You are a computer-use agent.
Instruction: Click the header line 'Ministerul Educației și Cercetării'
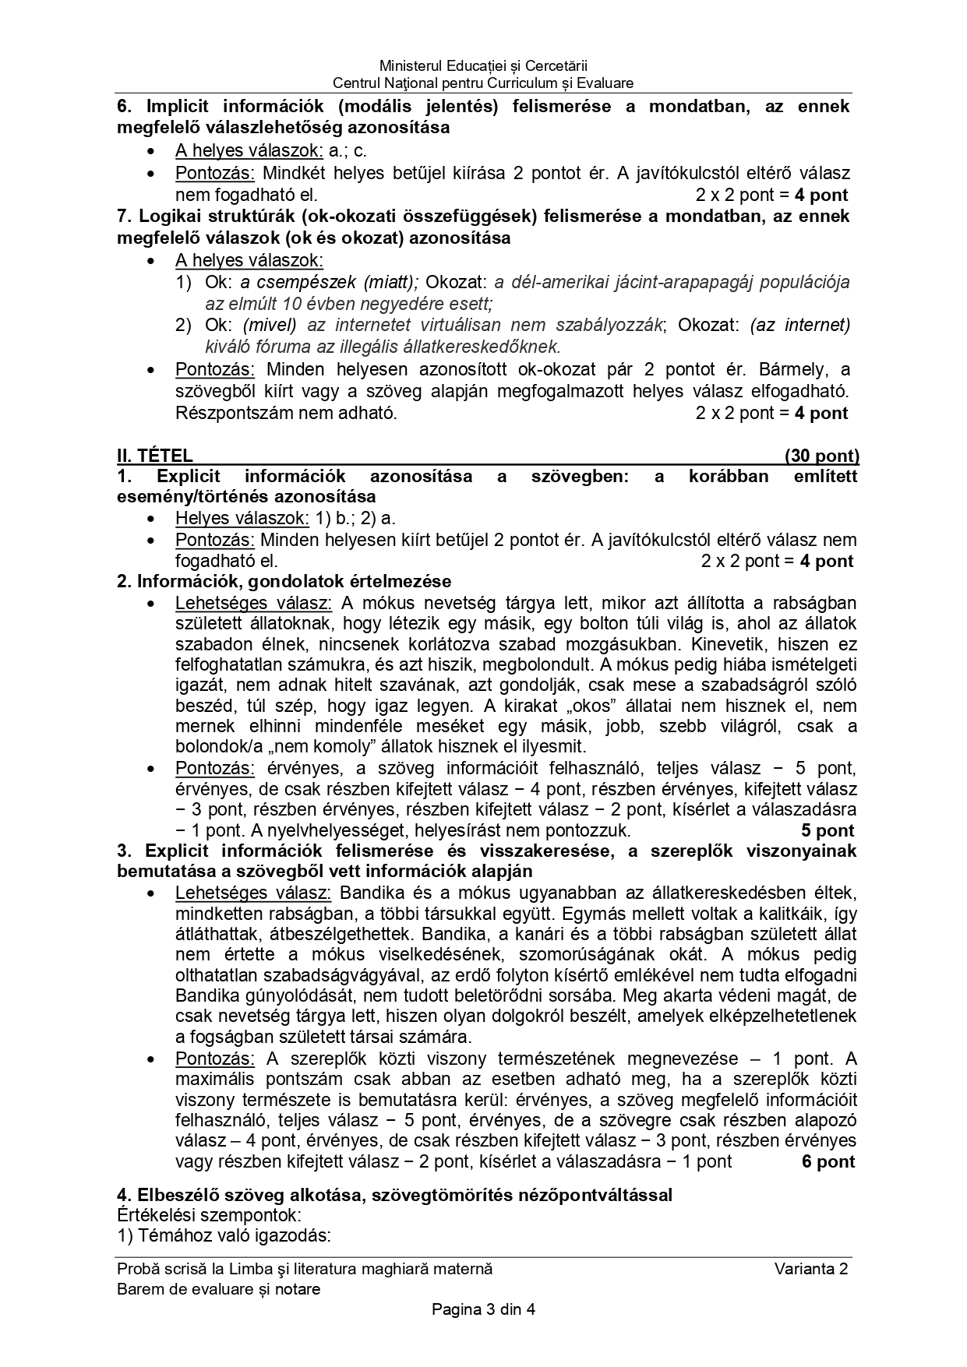(x=483, y=66)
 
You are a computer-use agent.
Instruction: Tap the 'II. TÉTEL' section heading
(x=155, y=456)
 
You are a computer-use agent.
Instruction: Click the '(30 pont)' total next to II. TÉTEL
(x=821, y=456)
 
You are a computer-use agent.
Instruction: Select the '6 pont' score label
(x=828, y=1162)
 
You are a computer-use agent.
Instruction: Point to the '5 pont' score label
(x=828, y=830)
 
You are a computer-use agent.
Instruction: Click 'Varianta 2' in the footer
(x=811, y=1269)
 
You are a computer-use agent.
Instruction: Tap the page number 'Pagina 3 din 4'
(x=483, y=1309)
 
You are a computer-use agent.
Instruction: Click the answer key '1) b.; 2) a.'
(x=355, y=518)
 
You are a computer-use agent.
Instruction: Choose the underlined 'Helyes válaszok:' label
(x=242, y=518)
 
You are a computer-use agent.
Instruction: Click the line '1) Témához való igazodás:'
(x=224, y=1235)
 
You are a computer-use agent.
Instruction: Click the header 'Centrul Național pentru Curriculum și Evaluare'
(x=483, y=83)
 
